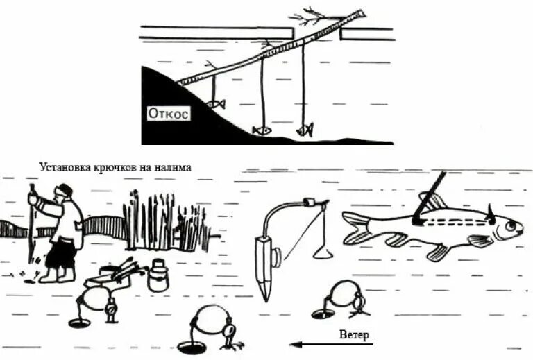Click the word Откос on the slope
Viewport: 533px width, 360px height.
pos(168,113)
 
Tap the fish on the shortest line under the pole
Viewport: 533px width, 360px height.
pos(217,104)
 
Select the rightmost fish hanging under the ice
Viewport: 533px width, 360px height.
pos(305,129)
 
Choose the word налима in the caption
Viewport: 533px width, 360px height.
pos(174,167)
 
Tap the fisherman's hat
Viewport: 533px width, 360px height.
pos(65,189)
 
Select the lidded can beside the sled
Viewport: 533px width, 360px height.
pos(158,276)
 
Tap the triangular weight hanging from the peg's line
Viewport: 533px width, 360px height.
pos(321,248)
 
